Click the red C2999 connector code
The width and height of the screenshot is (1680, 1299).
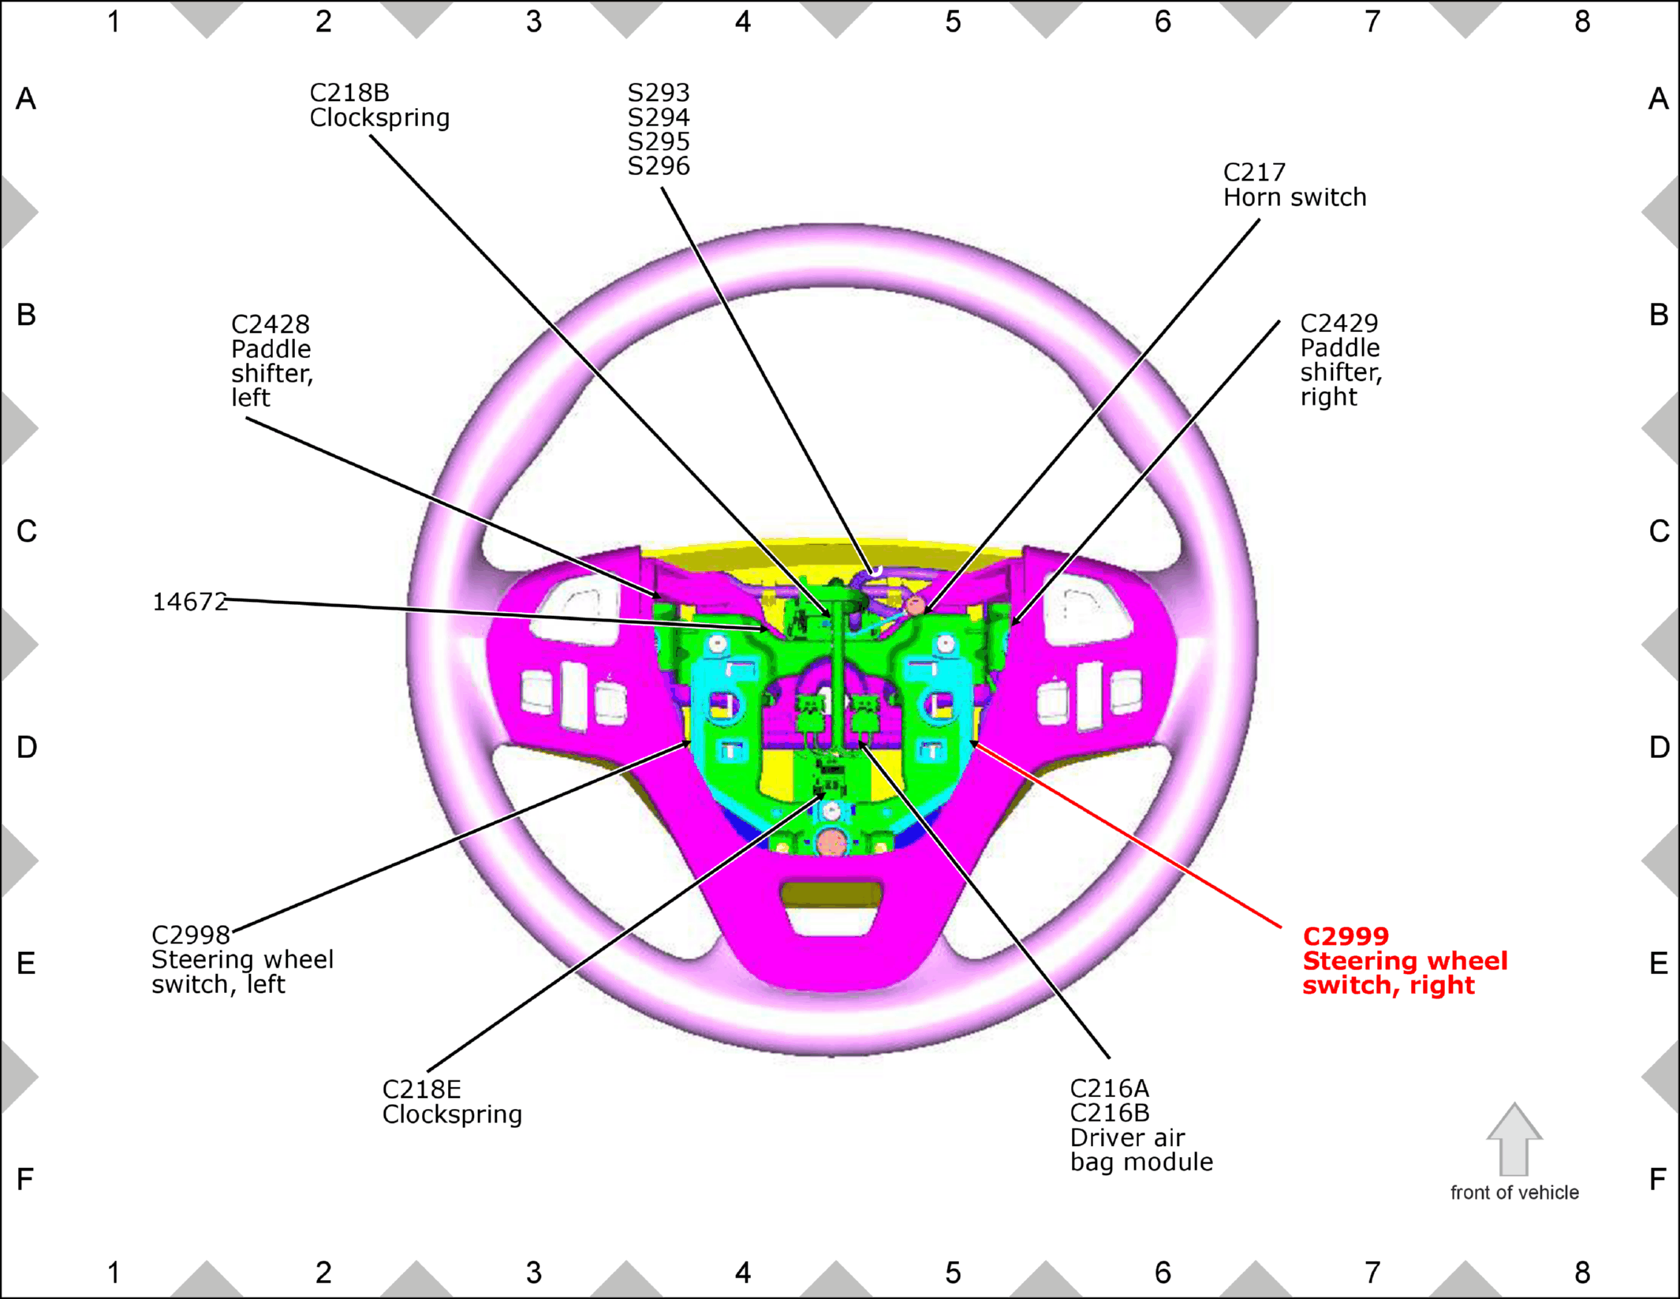click(x=1346, y=936)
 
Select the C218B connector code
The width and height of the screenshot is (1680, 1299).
click(x=349, y=93)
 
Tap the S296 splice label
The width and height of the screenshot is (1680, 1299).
click(x=659, y=166)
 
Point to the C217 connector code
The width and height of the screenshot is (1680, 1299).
click(x=1254, y=173)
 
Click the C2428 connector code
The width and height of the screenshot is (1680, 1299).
click(x=271, y=324)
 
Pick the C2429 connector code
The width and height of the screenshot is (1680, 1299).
click(x=1339, y=323)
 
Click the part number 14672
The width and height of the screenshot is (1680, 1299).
click(x=189, y=603)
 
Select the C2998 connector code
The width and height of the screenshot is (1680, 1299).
click(x=191, y=935)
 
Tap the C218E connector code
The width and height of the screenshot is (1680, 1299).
click(x=422, y=1090)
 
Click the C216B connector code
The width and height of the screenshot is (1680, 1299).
click(x=1110, y=1114)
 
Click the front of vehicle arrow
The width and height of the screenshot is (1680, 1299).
click(x=1514, y=1140)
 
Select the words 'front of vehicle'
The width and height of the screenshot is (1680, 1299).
click(x=1514, y=1193)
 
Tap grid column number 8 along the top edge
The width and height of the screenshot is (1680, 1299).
click(x=1582, y=21)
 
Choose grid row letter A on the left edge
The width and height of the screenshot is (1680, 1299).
click(x=26, y=99)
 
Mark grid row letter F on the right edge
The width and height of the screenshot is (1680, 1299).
click(x=1658, y=1180)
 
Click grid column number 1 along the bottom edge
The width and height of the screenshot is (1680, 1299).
click(x=114, y=1273)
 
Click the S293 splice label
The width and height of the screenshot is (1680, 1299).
click(x=659, y=93)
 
